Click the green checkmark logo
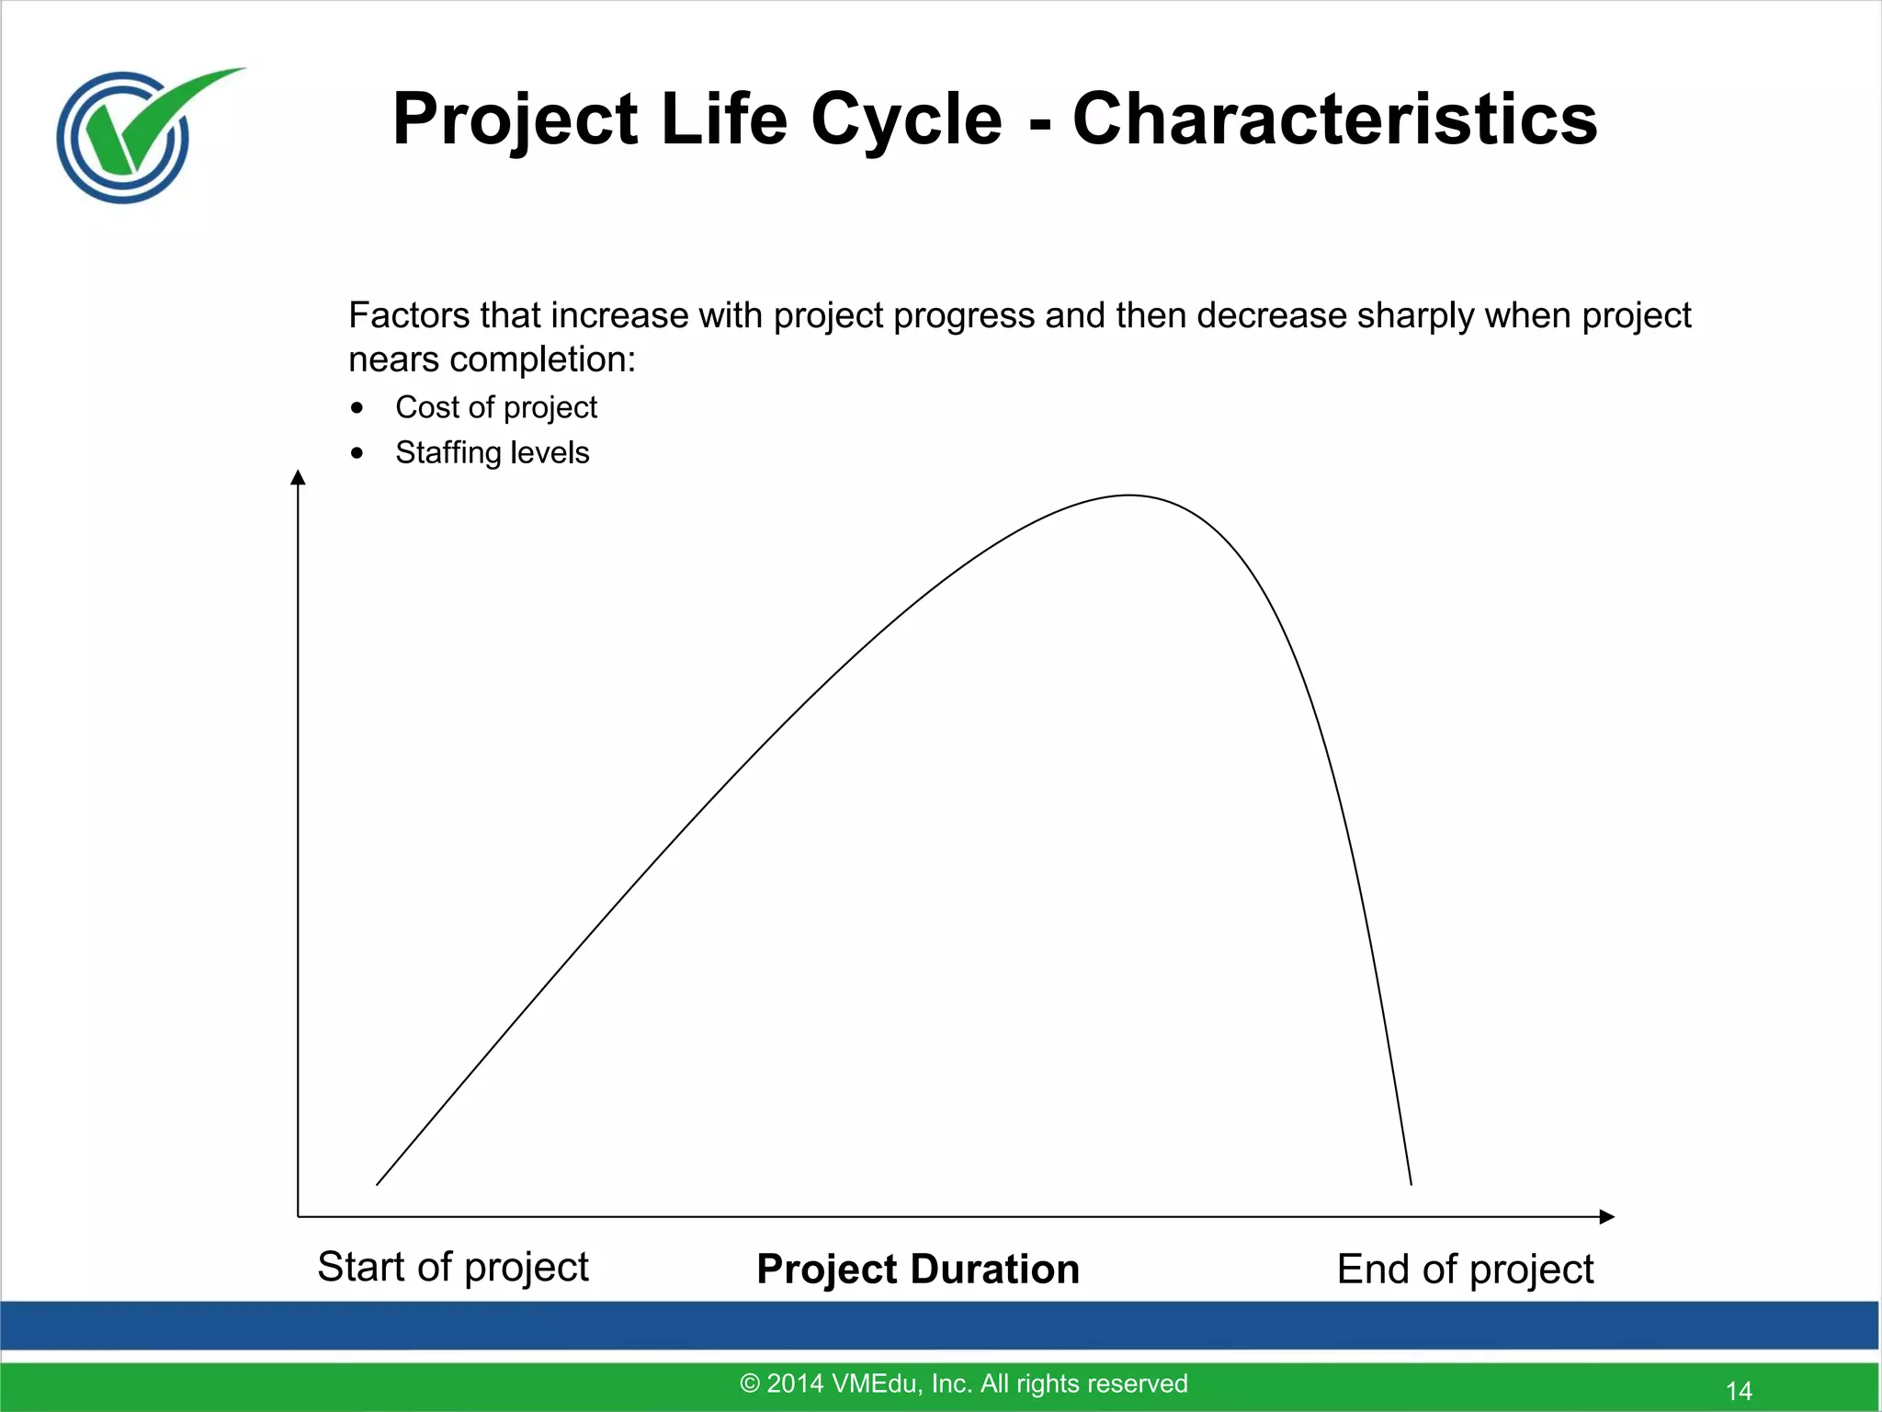tap(138, 133)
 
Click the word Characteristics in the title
tap(1334, 120)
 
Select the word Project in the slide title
tap(515, 120)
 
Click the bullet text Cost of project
tap(495, 407)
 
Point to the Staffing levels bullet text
tap(492, 452)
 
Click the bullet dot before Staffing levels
tap(357, 453)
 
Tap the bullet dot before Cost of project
tap(357, 408)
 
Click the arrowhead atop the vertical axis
tap(298, 477)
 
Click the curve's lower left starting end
tap(378, 1184)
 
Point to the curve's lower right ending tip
tap(1411, 1183)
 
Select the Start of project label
tap(452, 1267)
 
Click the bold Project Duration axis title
tap(917, 1270)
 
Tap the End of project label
tap(1465, 1270)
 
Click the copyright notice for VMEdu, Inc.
tap(963, 1384)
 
